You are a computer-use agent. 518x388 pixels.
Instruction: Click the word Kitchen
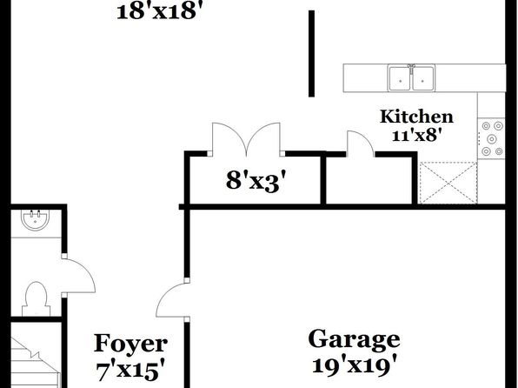(416, 117)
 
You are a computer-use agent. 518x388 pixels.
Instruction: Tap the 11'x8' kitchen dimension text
(417, 136)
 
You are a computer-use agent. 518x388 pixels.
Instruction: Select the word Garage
(354, 339)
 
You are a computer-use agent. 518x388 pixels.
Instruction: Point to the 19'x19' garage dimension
(354, 365)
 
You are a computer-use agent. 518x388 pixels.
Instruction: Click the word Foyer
(130, 344)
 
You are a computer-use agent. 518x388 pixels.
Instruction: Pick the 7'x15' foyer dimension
(130, 370)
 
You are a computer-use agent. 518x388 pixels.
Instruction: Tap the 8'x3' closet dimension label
(256, 182)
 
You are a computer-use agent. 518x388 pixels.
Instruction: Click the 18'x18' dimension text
(159, 12)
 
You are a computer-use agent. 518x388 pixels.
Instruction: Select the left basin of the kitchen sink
(400, 78)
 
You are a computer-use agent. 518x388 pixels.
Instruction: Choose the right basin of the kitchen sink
(423, 78)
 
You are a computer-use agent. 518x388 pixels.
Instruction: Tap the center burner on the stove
(492, 138)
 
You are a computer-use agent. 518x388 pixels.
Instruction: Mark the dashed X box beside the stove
(448, 183)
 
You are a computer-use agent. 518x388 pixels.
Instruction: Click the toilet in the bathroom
(36, 298)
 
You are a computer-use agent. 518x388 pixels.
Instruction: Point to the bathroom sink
(36, 219)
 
